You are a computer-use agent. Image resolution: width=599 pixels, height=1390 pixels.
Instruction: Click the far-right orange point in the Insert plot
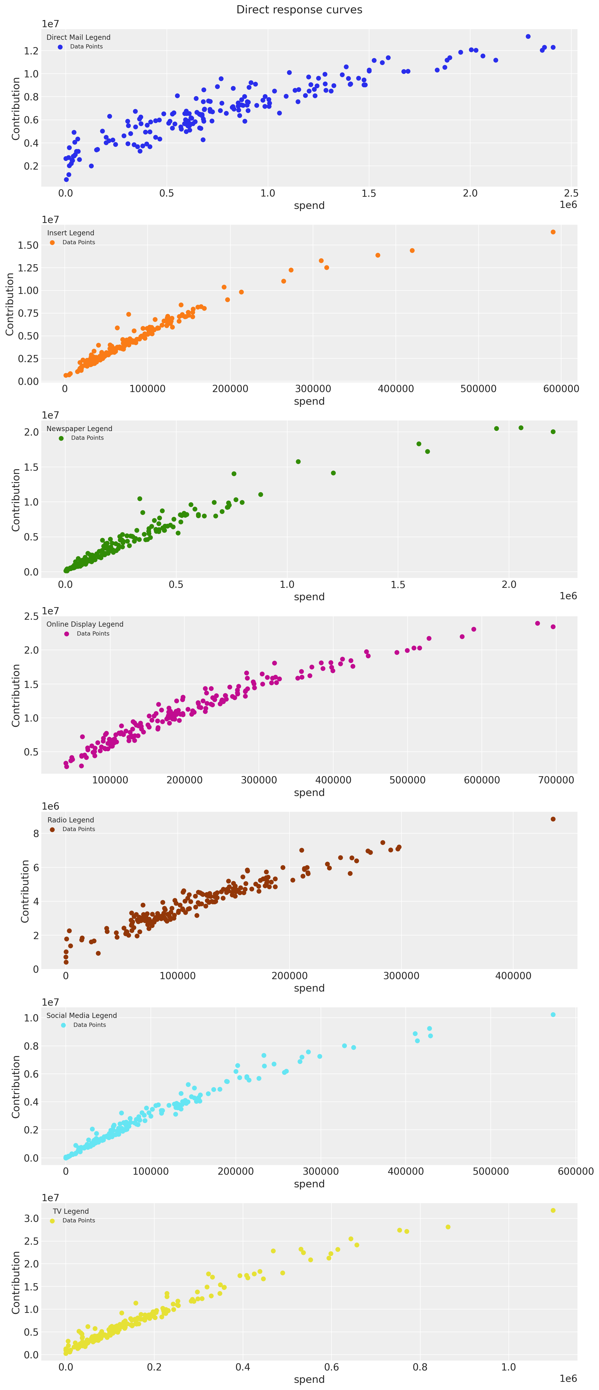point(553,232)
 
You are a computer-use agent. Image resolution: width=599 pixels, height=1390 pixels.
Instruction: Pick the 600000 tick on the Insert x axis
point(561,389)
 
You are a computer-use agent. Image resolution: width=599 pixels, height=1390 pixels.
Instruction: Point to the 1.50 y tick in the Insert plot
point(28,245)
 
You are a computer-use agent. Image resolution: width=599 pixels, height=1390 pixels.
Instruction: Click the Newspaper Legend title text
point(79,428)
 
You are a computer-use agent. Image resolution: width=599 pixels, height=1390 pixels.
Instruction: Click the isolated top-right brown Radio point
point(553,819)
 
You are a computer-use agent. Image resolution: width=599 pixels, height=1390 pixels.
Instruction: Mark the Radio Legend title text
point(71,820)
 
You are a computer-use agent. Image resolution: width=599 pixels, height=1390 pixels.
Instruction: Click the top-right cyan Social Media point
point(553,1015)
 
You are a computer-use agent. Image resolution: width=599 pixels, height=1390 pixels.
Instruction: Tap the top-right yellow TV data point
point(553,1210)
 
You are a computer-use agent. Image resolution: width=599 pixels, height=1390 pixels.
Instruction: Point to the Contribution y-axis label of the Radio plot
point(25,891)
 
